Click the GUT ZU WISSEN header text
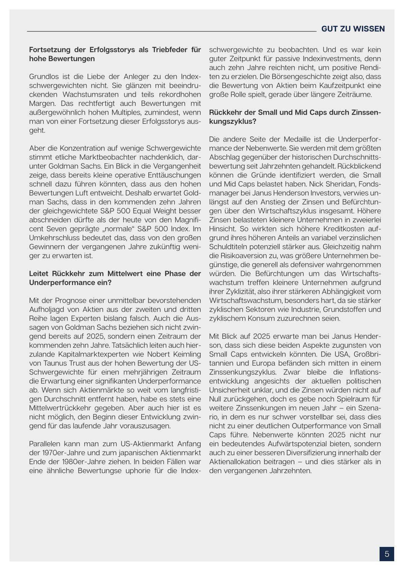353,29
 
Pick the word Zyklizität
239,291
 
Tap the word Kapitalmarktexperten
88,354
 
